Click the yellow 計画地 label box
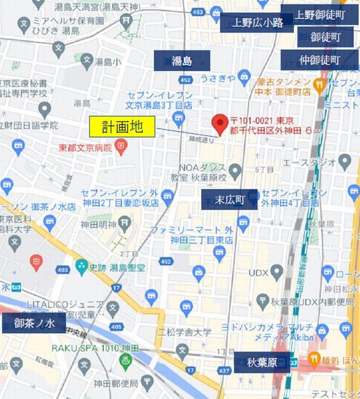123,127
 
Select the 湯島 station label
182,60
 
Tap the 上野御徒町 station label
320,14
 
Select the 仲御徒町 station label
320,60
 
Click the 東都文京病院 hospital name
85,148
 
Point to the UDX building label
258,272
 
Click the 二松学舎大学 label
184,331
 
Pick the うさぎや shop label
218,78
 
